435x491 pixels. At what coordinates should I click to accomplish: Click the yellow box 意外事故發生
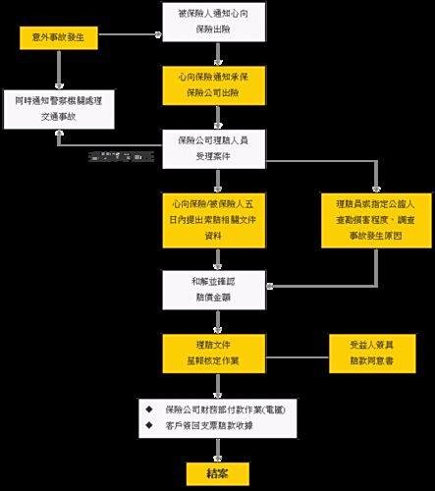(58, 38)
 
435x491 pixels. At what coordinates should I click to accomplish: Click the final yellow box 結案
(214, 472)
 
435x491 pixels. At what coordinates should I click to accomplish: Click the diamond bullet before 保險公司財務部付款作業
(148, 408)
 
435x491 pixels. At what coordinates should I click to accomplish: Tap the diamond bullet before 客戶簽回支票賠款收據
(148, 425)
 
